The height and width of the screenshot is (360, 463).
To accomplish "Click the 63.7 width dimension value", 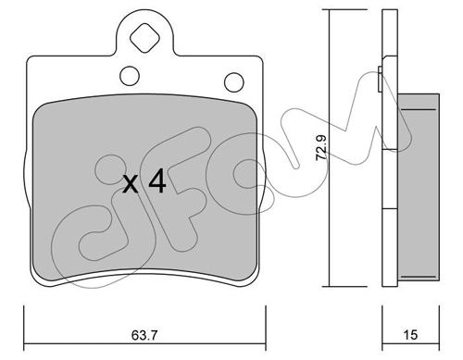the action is click(144, 335).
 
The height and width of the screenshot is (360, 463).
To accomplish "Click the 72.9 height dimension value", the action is click(321, 147).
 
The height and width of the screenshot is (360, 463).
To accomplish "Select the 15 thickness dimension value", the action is click(410, 335).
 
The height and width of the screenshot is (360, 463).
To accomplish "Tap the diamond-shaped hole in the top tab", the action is click(144, 38).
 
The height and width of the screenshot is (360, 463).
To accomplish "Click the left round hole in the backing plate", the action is click(130, 76).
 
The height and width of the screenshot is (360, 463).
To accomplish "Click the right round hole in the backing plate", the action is click(234, 82).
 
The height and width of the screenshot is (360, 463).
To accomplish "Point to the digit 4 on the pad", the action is click(157, 182).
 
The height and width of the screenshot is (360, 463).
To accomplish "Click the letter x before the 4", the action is click(131, 184).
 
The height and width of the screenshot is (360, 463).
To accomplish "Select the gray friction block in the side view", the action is click(419, 187).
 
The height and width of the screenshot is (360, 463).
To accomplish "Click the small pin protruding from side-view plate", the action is click(381, 79).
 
